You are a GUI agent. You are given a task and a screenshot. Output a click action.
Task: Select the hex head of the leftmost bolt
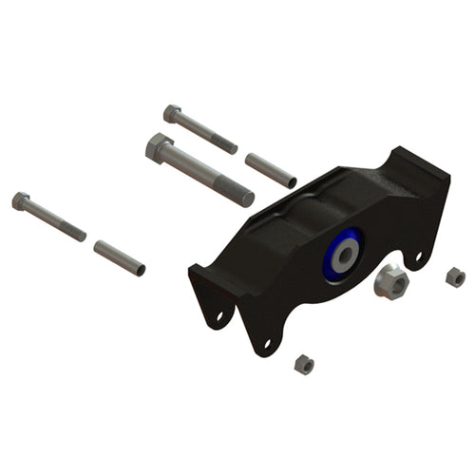tap(21, 200)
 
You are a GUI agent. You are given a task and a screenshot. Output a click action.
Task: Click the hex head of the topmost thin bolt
tap(172, 113)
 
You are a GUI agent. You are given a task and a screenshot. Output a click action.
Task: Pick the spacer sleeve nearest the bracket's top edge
tap(270, 169)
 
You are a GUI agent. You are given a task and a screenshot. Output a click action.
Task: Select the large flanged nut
tap(389, 281)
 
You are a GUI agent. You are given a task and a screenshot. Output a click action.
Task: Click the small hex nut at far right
tap(455, 276)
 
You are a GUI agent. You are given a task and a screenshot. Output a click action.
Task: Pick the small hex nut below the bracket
tap(305, 363)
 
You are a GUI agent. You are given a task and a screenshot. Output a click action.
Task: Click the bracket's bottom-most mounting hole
tap(267, 343)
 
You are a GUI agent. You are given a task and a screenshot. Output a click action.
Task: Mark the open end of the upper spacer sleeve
tap(292, 181)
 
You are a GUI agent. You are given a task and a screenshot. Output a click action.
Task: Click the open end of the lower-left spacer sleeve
tap(141, 269)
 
